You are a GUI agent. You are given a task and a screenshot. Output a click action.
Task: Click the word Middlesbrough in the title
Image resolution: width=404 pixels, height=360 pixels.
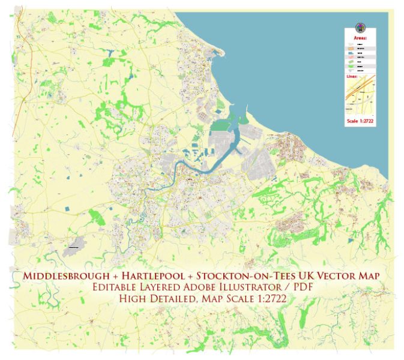[58, 275]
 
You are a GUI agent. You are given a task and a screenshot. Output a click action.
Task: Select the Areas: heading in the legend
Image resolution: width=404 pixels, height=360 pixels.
[361, 37]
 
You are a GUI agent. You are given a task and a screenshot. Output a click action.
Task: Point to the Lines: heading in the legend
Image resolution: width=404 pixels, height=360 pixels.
[352, 77]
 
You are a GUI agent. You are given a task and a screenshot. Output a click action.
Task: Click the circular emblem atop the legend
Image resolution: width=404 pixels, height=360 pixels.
[361, 28]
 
